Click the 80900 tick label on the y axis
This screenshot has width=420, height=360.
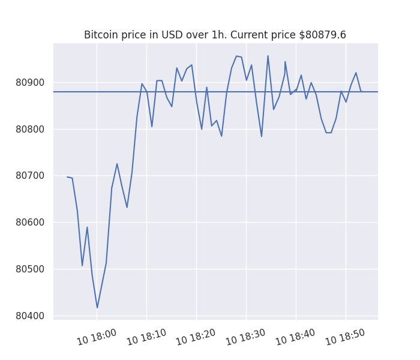pyautogui.click(x=30, y=83)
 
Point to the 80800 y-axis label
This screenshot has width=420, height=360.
pyautogui.click(x=30, y=129)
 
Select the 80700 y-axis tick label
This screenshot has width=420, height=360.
pyautogui.click(x=30, y=176)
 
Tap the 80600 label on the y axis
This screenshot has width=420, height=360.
pyautogui.click(x=30, y=223)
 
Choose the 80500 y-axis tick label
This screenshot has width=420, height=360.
pyautogui.click(x=30, y=269)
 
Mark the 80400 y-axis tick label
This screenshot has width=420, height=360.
pyautogui.click(x=30, y=316)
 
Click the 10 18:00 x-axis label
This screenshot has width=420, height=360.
pyautogui.click(x=97, y=337)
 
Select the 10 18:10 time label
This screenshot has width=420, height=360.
pyautogui.click(x=146, y=337)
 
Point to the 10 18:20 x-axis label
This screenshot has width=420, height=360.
pyautogui.click(x=196, y=337)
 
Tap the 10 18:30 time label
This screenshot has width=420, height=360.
pyautogui.click(x=245, y=337)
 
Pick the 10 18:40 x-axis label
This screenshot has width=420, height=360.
pyautogui.click(x=295, y=337)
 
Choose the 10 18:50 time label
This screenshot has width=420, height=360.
pyautogui.click(x=345, y=337)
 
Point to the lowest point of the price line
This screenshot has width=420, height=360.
pyautogui.click(x=97, y=308)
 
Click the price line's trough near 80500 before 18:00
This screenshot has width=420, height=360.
pyautogui.click(x=82, y=266)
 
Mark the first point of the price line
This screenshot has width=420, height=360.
pyautogui.click(x=67, y=177)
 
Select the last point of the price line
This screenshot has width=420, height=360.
pyautogui.click(x=361, y=91)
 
